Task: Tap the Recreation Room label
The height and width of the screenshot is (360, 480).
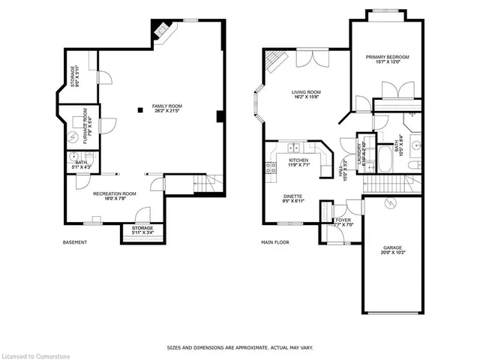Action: tap(115, 196)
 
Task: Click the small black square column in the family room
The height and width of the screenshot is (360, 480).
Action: tap(139, 111)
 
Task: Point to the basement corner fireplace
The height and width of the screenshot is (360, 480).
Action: tap(160, 30)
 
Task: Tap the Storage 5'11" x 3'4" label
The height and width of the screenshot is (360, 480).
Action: tap(142, 230)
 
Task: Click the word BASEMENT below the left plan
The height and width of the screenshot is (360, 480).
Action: tap(75, 242)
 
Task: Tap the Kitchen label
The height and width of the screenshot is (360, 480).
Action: tap(299, 163)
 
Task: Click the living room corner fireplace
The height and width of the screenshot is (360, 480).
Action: tap(277, 58)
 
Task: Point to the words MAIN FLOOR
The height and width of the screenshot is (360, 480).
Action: tap(276, 242)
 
